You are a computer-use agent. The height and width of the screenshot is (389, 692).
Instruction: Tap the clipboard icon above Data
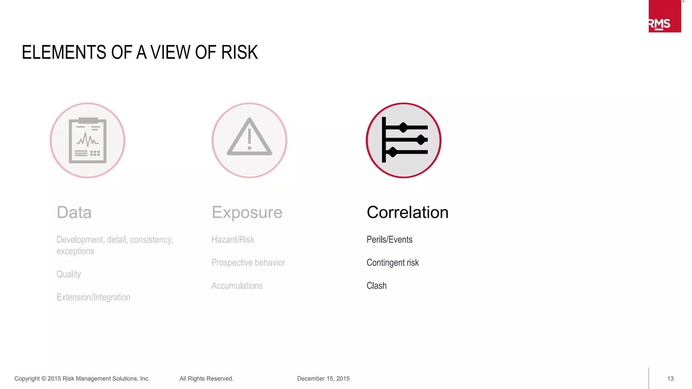click(x=88, y=140)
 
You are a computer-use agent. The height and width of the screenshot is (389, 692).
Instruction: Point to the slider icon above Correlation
click(x=403, y=140)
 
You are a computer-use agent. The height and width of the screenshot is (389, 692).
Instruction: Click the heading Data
click(x=74, y=212)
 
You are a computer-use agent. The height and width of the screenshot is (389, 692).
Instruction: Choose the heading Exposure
click(x=247, y=212)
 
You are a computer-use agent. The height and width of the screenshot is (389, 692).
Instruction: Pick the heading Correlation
click(x=407, y=212)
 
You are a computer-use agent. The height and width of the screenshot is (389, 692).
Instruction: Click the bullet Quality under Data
click(x=69, y=274)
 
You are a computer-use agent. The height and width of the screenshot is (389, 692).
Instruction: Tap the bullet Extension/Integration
click(x=93, y=297)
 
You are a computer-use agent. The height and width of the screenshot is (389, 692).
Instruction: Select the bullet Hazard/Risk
click(x=233, y=240)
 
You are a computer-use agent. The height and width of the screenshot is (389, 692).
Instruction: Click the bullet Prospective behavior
click(x=248, y=263)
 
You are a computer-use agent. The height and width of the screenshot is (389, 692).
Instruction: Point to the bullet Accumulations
click(x=237, y=286)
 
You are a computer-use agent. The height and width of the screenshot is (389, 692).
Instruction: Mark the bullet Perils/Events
click(x=389, y=240)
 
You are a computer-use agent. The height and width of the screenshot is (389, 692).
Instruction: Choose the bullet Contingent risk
click(x=393, y=263)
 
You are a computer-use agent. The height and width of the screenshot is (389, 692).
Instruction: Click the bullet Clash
click(x=376, y=286)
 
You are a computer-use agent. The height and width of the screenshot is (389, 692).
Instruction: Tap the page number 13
click(x=670, y=379)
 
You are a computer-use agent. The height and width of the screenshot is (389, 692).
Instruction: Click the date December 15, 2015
click(x=323, y=379)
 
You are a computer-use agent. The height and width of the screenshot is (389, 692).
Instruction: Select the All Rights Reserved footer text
click(x=206, y=379)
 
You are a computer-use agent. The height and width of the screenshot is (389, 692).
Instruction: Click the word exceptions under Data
click(x=75, y=251)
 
